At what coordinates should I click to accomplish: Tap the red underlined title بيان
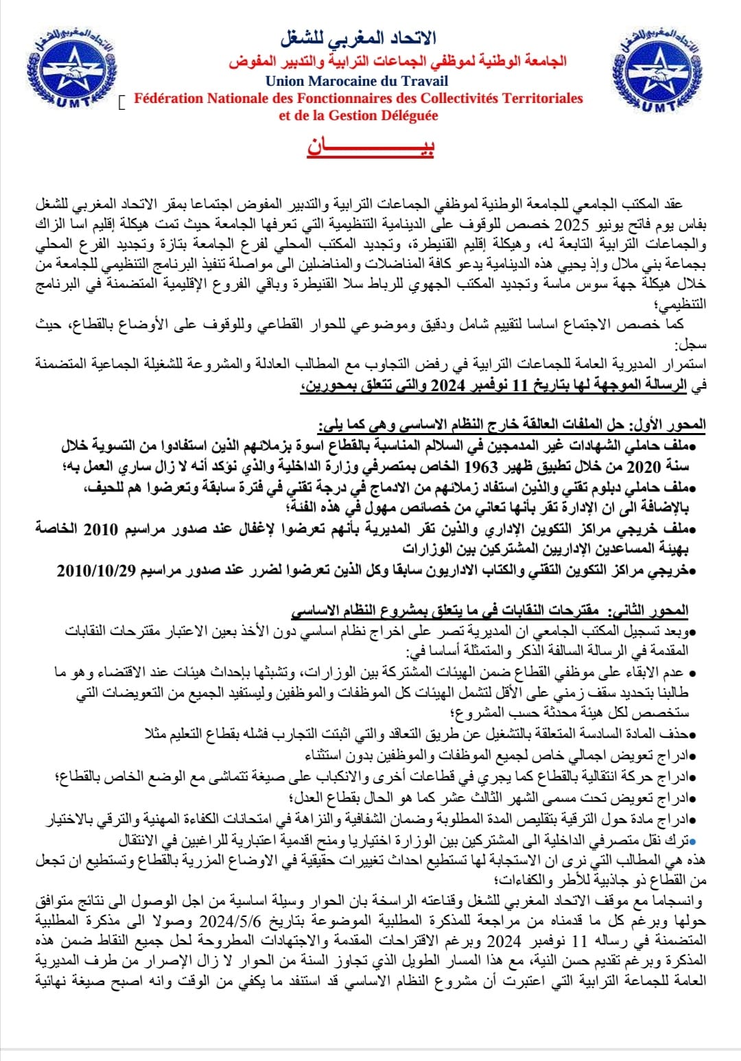click(370, 147)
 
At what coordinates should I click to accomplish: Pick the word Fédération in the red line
click(168, 98)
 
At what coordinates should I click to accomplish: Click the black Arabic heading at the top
click(358, 37)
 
